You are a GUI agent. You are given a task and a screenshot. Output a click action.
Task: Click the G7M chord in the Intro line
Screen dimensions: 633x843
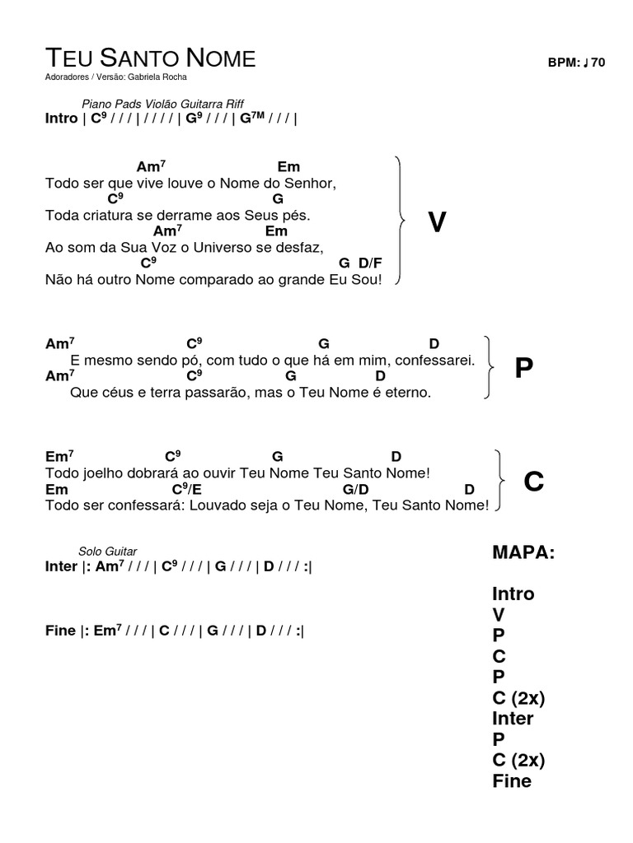coord(252,118)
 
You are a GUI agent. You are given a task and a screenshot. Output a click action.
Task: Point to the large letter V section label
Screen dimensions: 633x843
coord(437,222)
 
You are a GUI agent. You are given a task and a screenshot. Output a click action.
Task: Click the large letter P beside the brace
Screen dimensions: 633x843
coord(523,369)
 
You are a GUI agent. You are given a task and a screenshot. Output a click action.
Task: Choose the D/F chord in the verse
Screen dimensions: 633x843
coord(370,263)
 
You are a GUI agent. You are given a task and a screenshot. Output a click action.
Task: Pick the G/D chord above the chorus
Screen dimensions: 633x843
coord(354,489)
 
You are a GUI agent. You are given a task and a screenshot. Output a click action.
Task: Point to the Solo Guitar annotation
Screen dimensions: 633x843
coord(108,552)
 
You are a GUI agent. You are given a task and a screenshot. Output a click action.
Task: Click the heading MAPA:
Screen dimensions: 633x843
coord(523,552)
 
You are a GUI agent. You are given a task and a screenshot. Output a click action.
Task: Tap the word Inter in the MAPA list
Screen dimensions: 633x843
coord(513,719)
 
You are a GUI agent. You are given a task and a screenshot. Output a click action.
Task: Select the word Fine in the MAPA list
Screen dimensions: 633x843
coord(512,781)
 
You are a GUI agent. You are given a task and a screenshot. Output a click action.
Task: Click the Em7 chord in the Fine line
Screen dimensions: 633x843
coord(107,631)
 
